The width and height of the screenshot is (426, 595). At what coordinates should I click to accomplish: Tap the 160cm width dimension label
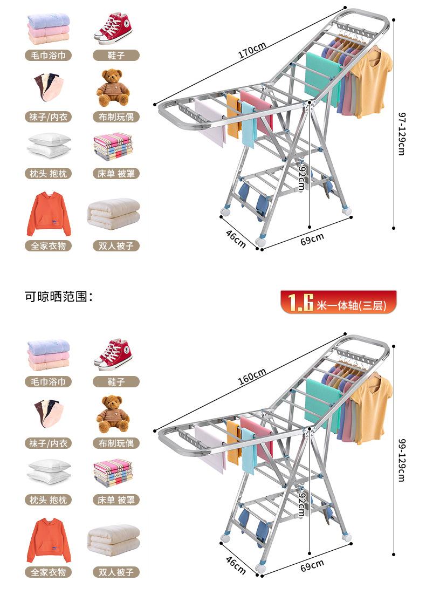click(252, 377)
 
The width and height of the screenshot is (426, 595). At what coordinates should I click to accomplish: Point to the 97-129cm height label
click(402, 134)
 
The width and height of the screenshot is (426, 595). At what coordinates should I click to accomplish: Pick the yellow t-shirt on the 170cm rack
click(373, 81)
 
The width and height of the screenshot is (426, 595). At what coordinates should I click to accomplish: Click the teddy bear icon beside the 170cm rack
click(113, 87)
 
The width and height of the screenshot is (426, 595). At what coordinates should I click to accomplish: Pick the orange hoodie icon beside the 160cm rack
click(49, 539)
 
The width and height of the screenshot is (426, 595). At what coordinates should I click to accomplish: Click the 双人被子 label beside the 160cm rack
click(116, 572)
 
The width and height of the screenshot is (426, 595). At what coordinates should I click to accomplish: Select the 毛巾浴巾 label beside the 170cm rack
click(49, 55)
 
